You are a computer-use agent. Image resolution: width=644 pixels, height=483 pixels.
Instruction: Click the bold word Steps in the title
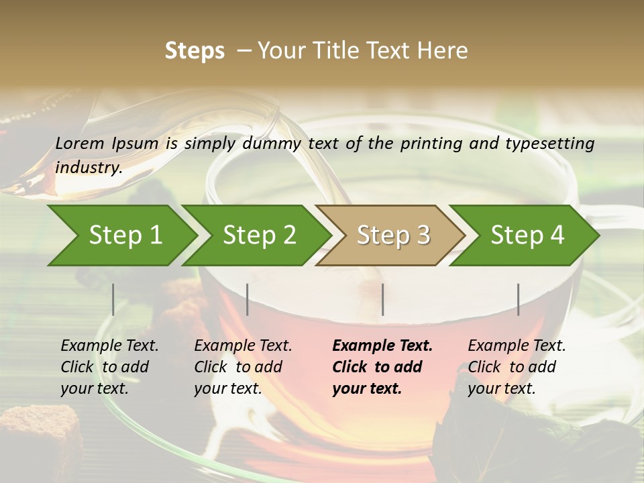click(x=195, y=50)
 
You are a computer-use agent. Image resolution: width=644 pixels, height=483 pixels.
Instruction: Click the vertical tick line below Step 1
click(x=113, y=299)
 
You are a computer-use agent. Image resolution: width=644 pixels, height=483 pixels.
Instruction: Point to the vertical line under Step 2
click(x=248, y=299)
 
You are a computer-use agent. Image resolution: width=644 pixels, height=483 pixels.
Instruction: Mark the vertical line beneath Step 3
click(x=383, y=299)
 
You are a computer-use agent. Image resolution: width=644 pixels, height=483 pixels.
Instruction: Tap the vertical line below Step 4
click(x=519, y=299)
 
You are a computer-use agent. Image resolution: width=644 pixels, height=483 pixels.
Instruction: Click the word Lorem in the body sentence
click(x=80, y=143)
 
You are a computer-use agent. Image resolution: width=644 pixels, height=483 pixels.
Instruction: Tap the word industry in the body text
click(x=89, y=168)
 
